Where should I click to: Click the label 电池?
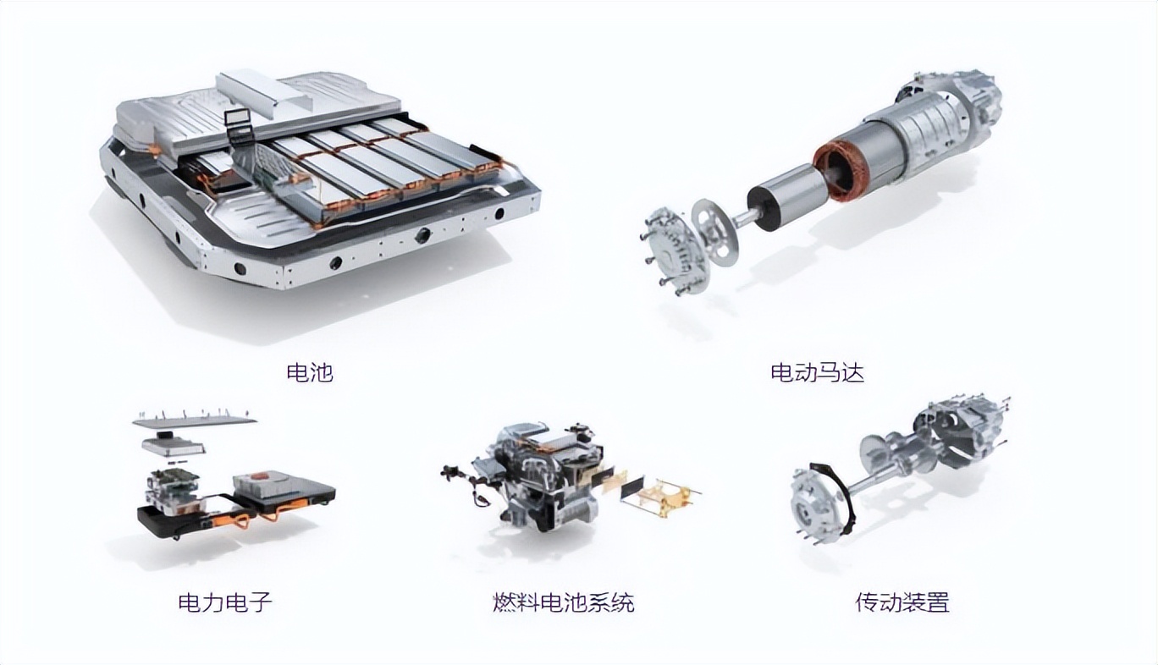click(310, 372)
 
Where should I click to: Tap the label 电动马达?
click(817, 372)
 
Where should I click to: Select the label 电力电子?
click(225, 602)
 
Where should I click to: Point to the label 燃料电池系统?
click(564, 602)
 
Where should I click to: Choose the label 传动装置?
click(902, 602)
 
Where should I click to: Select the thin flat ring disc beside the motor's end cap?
click(715, 232)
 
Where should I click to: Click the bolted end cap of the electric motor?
click(672, 251)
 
